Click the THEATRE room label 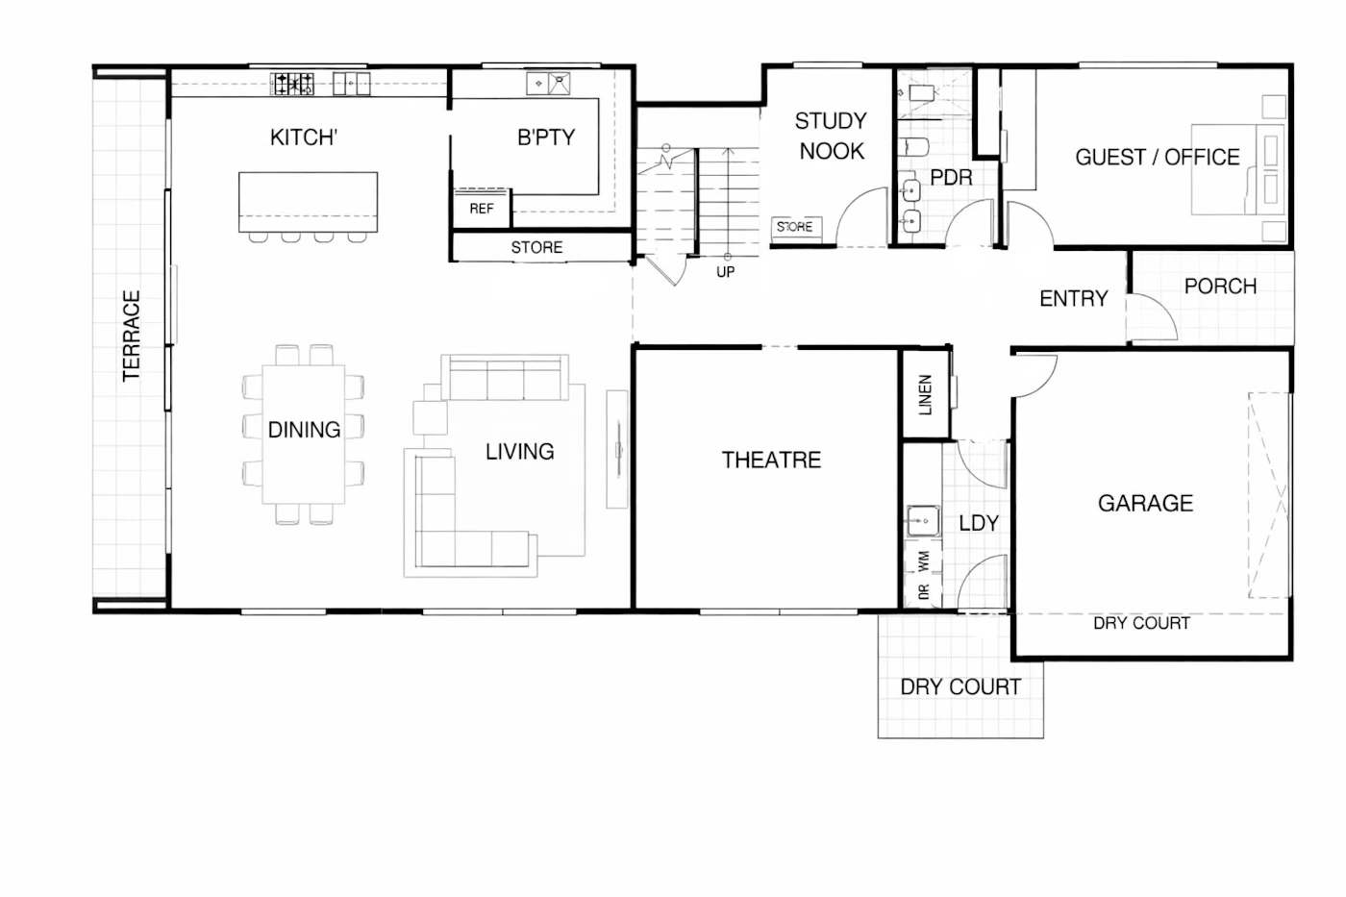click(771, 461)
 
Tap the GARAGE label click(1145, 504)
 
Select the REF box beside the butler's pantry click(482, 209)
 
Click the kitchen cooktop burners click(292, 84)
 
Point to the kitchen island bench click(309, 202)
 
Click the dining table click(304, 434)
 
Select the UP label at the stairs click(725, 272)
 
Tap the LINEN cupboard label click(925, 395)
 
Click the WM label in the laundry click(924, 561)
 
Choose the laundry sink click(923, 520)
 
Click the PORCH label click(1220, 286)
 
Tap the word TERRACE click(131, 336)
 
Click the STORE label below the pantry click(536, 247)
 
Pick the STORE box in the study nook click(796, 227)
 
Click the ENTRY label click(1074, 299)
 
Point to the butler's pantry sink click(548, 84)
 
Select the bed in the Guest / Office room click(1238, 169)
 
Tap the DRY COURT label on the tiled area click(960, 687)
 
